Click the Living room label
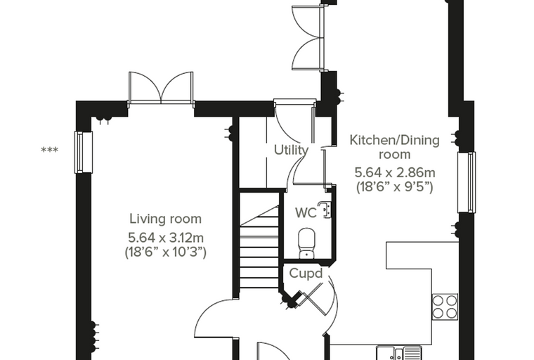point(166,219)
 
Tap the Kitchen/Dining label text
point(395,140)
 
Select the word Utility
point(292,150)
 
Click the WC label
point(306,213)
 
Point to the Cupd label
point(306,273)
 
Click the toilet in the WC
point(307,243)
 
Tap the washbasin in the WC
point(325,210)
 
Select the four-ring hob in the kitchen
point(445,307)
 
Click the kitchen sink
point(399,353)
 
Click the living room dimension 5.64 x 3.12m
point(166,236)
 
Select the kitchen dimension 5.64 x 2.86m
point(395,172)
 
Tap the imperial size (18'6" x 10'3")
point(166,252)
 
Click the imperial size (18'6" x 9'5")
point(395,187)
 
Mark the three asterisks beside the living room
point(49,150)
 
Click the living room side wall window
point(84,152)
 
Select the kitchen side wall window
point(467,182)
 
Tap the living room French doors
point(161,88)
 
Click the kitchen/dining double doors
point(308,39)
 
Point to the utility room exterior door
point(295,121)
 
